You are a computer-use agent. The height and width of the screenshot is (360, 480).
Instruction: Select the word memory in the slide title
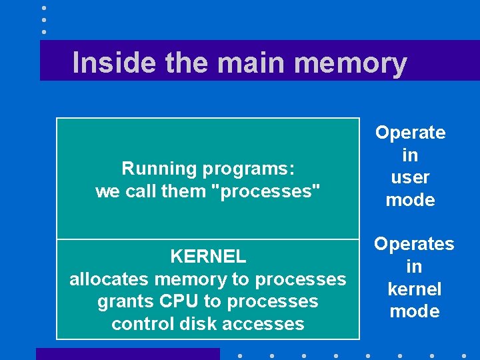pos(350,63)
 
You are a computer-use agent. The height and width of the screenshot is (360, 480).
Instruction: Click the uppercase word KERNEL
pos(208,256)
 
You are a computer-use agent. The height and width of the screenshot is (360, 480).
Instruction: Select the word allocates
pos(109,279)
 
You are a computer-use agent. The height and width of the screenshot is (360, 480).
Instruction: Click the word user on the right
pos(411,177)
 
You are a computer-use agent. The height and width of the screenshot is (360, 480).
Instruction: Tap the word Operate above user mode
pos(411,132)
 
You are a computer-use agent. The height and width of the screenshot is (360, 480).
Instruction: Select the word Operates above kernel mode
pos(414,244)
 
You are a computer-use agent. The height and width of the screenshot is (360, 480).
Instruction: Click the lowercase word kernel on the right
pos(414,289)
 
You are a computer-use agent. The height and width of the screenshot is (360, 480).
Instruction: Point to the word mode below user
pos(411,200)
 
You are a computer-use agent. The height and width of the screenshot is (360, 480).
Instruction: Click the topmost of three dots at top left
pos(44,8)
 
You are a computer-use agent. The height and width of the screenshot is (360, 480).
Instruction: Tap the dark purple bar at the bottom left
pos(127,354)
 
